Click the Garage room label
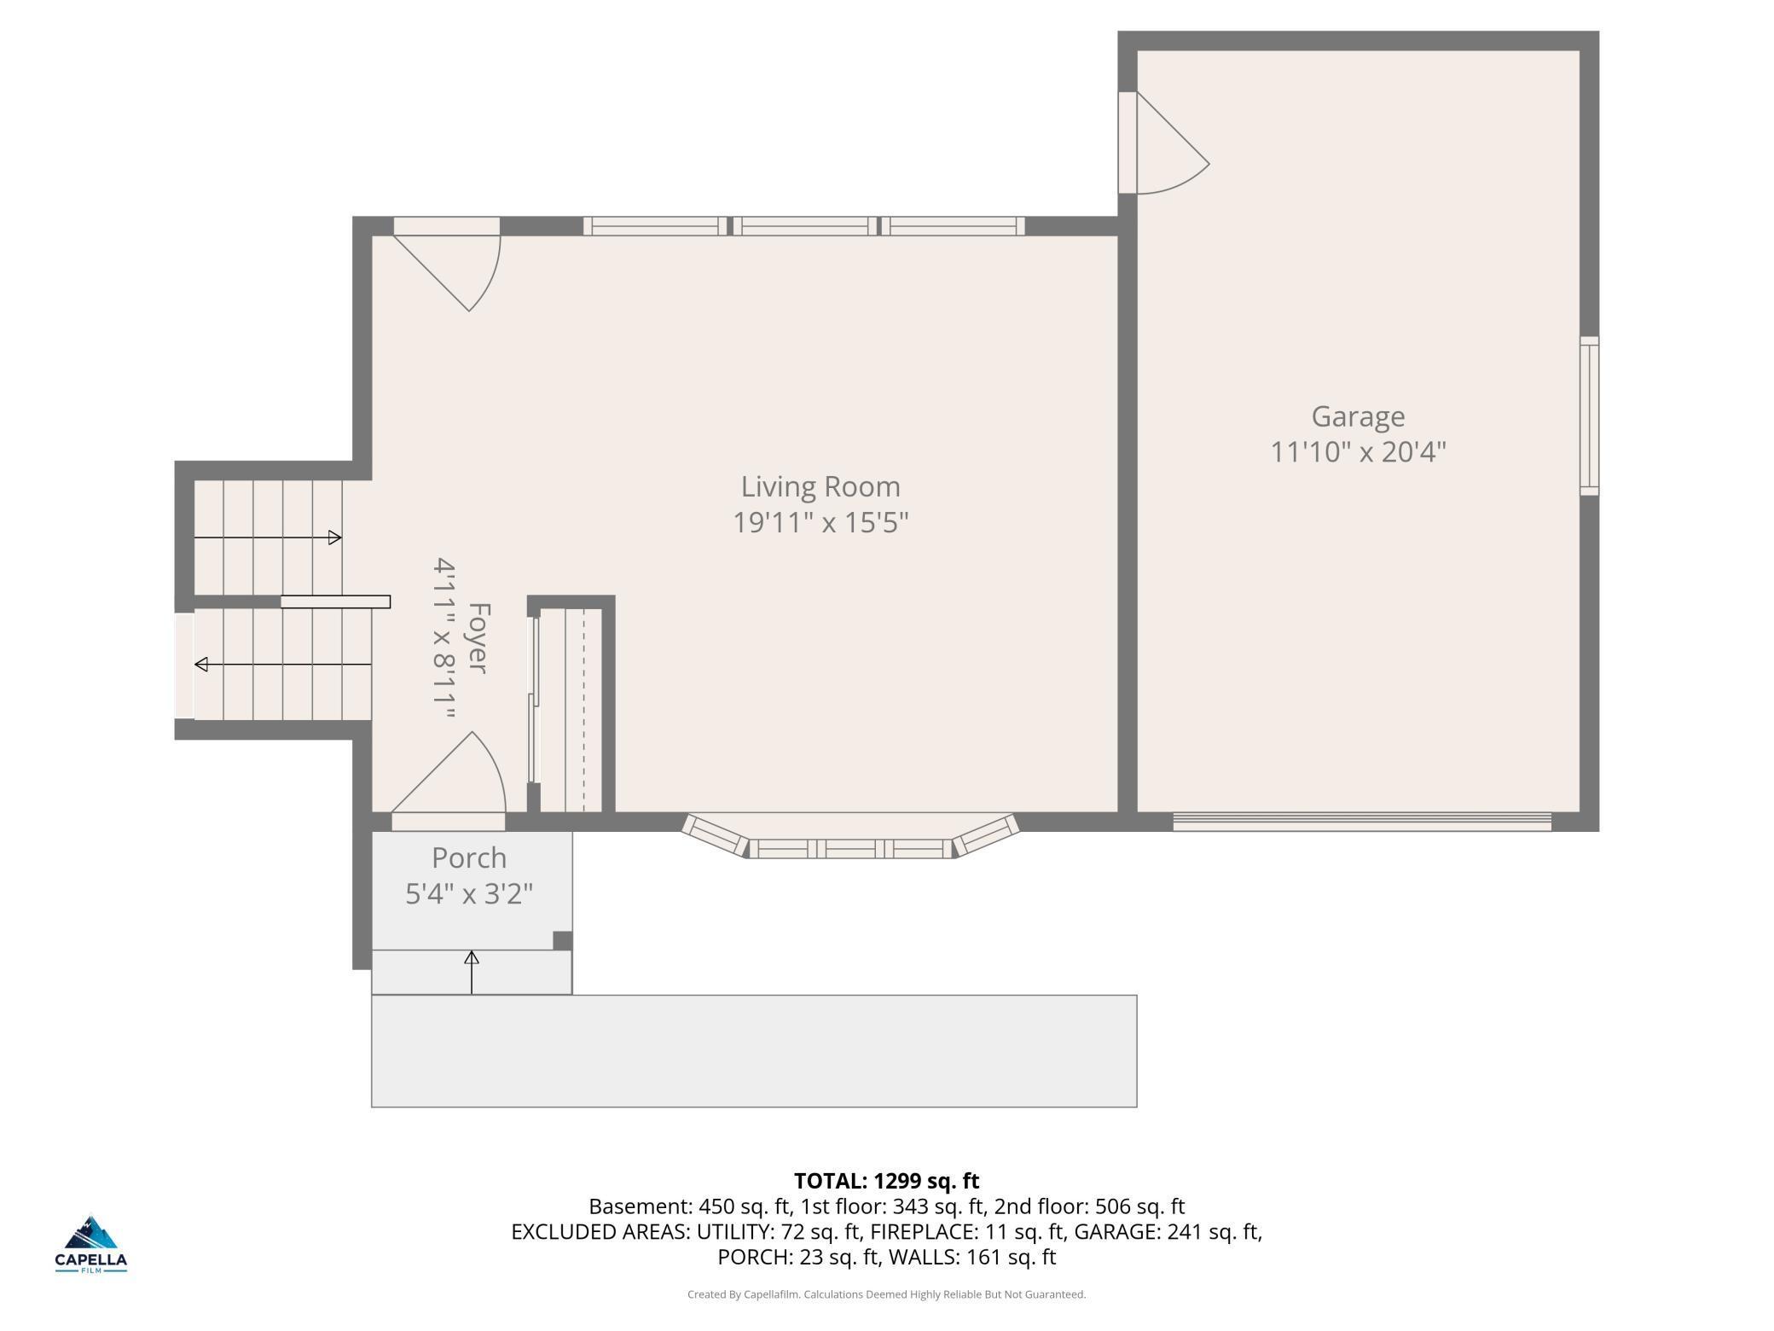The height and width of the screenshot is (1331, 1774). point(1358,417)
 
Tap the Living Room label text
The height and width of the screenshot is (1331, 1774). point(820,487)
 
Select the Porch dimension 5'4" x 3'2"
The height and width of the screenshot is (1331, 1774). point(469,893)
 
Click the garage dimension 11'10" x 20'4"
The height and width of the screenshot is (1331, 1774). point(1358,451)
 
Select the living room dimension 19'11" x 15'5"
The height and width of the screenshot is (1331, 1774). point(820,522)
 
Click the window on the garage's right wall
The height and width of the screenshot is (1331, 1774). point(1589,416)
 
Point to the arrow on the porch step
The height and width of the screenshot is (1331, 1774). point(472,972)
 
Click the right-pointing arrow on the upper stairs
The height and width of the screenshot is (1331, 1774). point(268,538)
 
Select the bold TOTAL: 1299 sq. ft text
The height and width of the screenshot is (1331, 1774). point(886,1181)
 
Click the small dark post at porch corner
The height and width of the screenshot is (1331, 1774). point(562,940)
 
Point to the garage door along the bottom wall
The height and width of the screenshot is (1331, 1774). point(1362,822)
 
